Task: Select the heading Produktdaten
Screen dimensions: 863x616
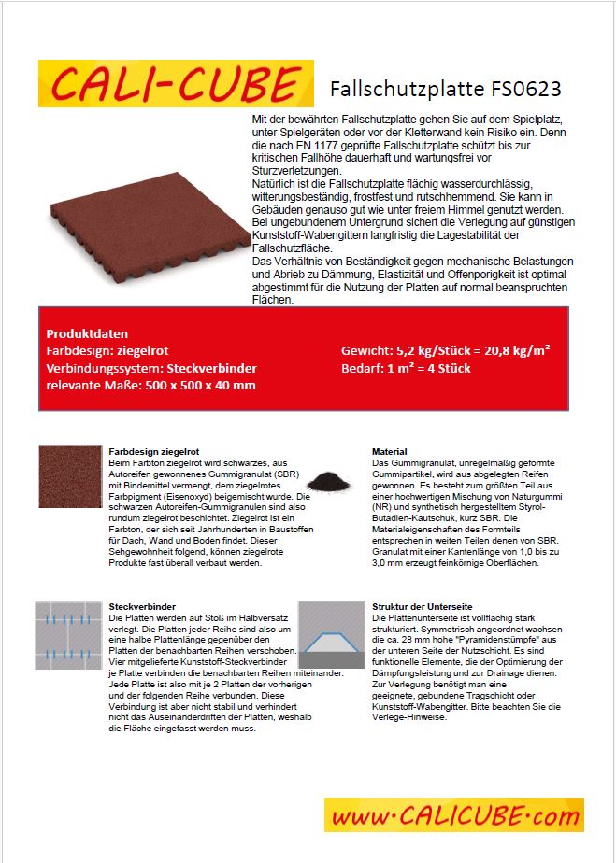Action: [87, 333]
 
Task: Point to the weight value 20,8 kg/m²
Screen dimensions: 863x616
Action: [514, 350]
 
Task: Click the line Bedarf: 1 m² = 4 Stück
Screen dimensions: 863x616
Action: [406, 367]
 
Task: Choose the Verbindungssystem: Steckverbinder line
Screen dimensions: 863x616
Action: [137, 367]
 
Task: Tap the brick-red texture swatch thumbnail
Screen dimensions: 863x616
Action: [70, 475]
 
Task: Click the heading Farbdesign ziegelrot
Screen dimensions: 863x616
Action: [150, 451]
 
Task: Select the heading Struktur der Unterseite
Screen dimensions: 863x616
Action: [423, 606]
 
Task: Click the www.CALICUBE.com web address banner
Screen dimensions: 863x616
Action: [453, 815]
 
